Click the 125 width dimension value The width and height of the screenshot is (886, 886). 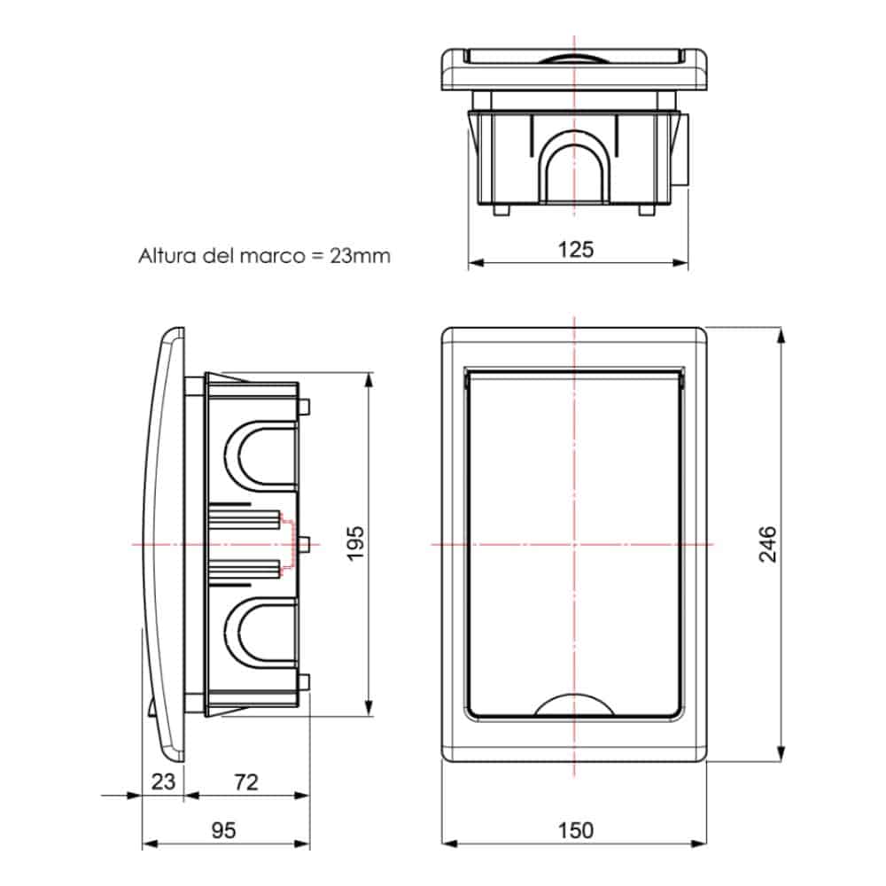576,249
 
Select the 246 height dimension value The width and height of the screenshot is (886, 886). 767,544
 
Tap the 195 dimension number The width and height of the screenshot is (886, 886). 355,543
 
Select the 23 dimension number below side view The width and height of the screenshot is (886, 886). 163,781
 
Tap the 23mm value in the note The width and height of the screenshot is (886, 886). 360,256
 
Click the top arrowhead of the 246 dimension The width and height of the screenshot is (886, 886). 781,334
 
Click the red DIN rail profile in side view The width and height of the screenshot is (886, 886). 286,543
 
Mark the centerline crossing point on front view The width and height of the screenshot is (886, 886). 575,543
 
